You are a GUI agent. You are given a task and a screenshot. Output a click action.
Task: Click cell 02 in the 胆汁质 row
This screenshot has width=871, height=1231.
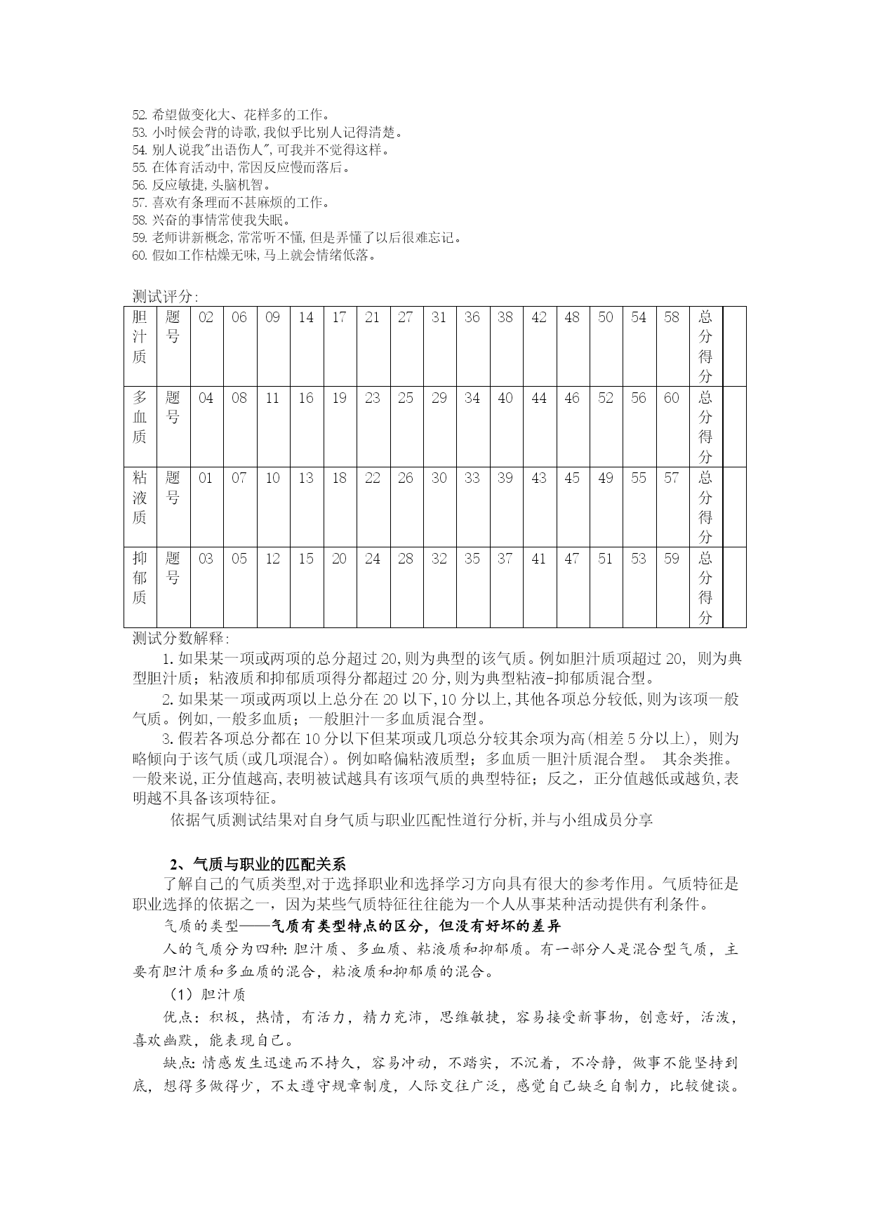click(206, 317)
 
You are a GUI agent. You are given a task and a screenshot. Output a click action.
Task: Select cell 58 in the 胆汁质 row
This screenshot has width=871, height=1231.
click(672, 317)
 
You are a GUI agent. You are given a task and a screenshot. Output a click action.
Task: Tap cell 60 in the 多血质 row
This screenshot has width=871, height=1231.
click(672, 398)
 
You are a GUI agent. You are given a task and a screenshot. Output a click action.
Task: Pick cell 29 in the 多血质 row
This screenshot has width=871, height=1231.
click(439, 398)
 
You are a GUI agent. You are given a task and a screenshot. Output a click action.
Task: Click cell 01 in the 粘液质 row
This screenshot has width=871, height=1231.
click(206, 478)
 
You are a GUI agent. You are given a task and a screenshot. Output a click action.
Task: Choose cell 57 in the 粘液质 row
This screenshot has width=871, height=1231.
click(672, 478)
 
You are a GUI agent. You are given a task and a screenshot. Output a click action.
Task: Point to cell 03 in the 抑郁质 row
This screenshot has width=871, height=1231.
click(206, 559)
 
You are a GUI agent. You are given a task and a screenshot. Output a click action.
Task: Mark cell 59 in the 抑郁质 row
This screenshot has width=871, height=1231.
click(672, 559)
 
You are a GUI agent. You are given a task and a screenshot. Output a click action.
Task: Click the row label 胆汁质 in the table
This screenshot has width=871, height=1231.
click(140, 337)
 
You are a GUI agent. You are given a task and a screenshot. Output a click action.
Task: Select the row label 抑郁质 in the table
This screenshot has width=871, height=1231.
click(140, 578)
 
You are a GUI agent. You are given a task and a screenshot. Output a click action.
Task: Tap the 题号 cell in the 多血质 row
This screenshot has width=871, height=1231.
click(173, 407)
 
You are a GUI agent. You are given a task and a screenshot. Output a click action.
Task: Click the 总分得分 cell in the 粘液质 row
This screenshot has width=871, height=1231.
click(705, 507)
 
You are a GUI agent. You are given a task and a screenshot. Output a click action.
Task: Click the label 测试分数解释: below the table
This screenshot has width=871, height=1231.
click(181, 639)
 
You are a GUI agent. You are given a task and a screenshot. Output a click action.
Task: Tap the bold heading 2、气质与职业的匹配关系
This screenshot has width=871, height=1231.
click(258, 864)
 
